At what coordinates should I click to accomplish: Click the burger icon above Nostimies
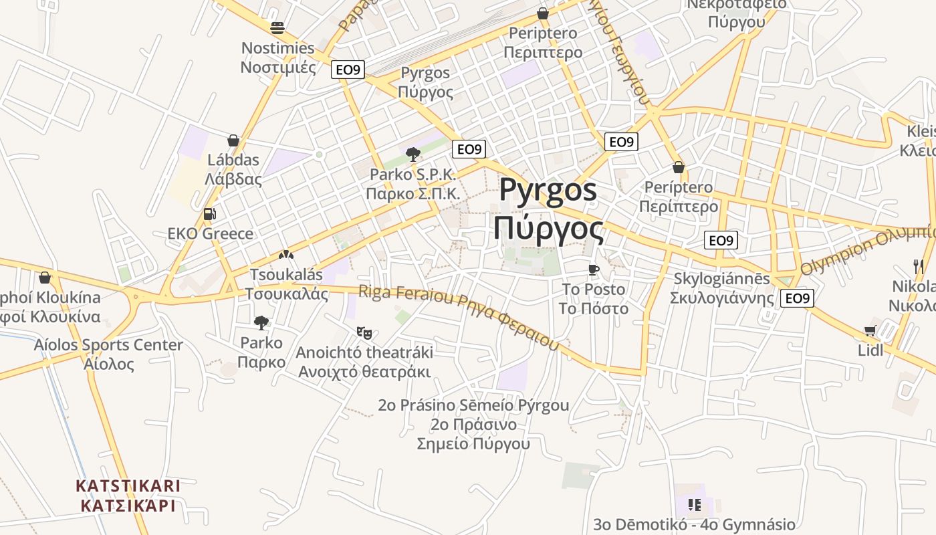(x=277, y=28)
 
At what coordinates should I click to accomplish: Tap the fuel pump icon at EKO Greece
(x=209, y=214)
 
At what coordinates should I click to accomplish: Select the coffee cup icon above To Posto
(x=592, y=270)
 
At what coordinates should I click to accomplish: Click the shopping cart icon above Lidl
(x=870, y=330)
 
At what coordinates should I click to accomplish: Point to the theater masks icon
(x=364, y=332)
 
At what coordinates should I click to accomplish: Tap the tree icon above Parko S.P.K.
(x=413, y=154)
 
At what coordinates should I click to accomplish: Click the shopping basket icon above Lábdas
(x=233, y=140)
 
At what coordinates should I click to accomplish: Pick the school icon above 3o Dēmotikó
(x=694, y=505)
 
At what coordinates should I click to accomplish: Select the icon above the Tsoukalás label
(x=286, y=255)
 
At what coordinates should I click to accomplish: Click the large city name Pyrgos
(x=548, y=191)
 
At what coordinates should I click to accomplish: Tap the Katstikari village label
(x=128, y=495)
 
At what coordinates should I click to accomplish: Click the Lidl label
(x=870, y=350)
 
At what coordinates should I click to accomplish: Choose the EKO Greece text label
(x=211, y=234)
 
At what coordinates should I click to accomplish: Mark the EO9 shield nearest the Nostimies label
(x=348, y=70)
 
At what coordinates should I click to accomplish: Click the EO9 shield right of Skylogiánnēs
(x=797, y=298)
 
